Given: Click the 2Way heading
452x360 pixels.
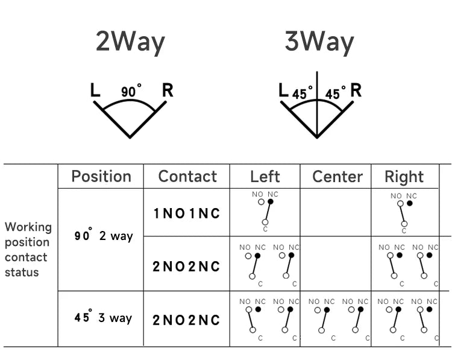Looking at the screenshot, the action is [130, 42].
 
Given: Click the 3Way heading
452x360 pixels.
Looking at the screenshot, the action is [319, 42].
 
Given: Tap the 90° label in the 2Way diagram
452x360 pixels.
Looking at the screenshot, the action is [131, 91].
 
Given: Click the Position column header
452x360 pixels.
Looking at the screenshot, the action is [101, 176].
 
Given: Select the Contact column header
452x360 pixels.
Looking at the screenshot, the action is [187, 176].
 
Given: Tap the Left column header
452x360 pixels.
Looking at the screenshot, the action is [265, 177].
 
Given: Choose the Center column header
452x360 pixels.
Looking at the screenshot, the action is [337, 177].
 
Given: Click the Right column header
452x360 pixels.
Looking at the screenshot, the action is [404, 177].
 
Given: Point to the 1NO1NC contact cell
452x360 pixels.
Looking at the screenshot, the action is [187, 213].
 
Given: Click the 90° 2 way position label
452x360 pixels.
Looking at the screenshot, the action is [104, 235].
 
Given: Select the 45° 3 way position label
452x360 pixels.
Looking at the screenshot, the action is [103, 317].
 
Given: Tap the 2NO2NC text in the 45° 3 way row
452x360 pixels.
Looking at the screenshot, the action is [186, 320].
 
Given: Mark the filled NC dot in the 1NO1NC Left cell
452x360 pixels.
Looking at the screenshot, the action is [271, 201].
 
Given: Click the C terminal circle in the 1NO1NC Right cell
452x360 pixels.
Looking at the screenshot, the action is [404, 224].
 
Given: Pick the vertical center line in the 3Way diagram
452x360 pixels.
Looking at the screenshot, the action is [317, 105].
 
